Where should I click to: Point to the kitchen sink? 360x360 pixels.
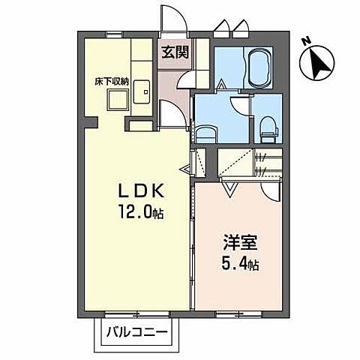point(142,91)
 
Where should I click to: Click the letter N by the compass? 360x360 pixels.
point(305,41)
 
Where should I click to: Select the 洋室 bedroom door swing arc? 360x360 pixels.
point(274,190)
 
